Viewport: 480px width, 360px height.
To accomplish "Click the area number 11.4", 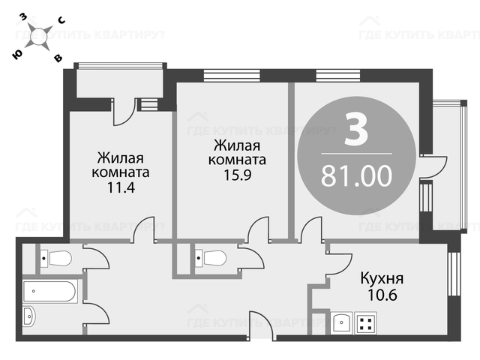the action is [121, 187].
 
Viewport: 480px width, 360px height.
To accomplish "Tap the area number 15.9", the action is [238, 175].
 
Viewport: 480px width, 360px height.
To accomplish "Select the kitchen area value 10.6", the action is [382, 295].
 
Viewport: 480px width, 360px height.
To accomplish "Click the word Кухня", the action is [382, 279].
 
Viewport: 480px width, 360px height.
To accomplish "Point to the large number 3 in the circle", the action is [356, 129].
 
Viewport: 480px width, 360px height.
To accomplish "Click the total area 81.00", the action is [357, 175].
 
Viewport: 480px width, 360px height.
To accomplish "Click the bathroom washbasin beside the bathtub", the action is [29, 316].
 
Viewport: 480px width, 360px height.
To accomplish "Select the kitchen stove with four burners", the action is [366, 323].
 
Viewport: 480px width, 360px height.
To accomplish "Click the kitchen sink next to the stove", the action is [342, 322].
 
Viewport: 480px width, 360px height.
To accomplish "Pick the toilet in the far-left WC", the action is [56, 259].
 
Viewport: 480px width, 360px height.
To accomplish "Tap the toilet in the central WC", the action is [211, 259].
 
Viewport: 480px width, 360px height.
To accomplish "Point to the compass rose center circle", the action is [39, 37].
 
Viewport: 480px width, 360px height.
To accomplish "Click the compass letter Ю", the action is [17, 55].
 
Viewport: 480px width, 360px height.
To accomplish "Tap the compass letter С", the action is [61, 20].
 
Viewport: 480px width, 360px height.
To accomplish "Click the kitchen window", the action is [454, 274].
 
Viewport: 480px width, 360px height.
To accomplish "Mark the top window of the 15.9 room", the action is [232, 75].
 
